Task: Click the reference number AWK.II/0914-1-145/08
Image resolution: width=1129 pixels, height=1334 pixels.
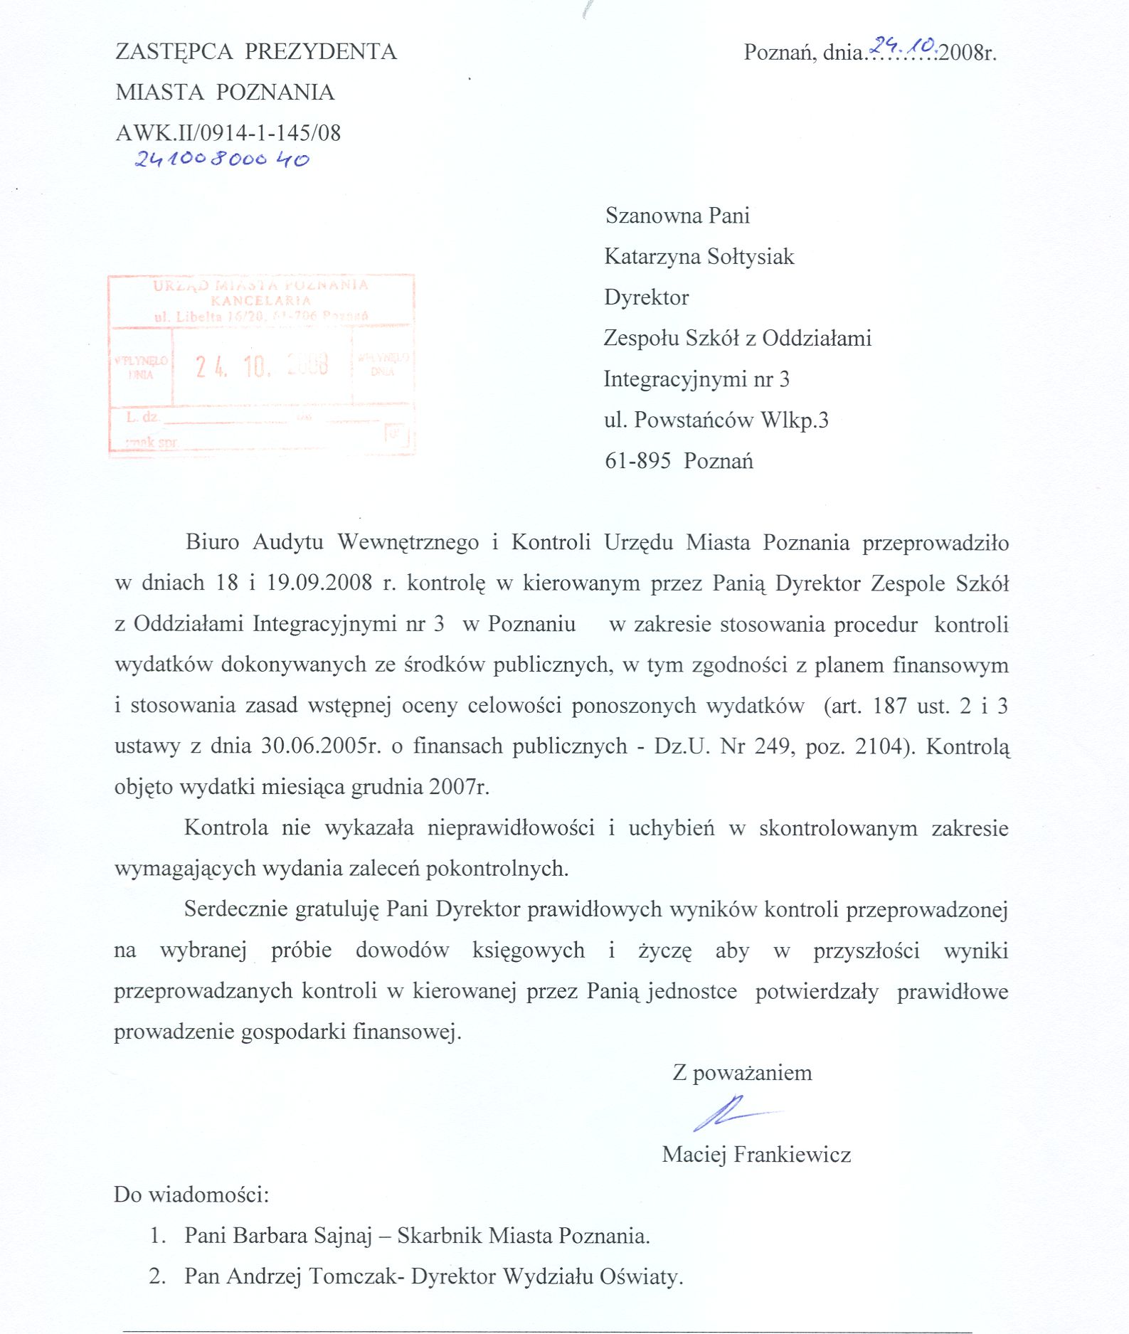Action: click(228, 133)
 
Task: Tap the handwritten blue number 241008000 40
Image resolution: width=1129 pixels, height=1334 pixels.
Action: click(222, 159)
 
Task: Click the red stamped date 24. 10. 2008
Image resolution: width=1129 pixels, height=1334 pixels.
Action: click(262, 366)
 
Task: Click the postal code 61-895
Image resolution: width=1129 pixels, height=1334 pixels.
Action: click(637, 461)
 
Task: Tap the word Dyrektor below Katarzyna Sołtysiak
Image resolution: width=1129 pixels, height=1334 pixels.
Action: click(646, 297)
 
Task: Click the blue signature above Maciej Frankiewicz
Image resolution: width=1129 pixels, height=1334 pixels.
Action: click(733, 1111)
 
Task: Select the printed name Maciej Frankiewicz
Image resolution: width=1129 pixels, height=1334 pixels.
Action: click(756, 1154)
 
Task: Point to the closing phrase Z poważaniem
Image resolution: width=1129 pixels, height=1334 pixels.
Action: click(742, 1072)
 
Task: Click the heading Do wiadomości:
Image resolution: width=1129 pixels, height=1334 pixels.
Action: click(191, 1195)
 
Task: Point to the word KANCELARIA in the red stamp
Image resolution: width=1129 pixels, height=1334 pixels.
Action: click(261, 301)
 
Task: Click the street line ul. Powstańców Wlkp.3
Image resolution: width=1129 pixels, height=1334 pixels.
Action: click(716, 420)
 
